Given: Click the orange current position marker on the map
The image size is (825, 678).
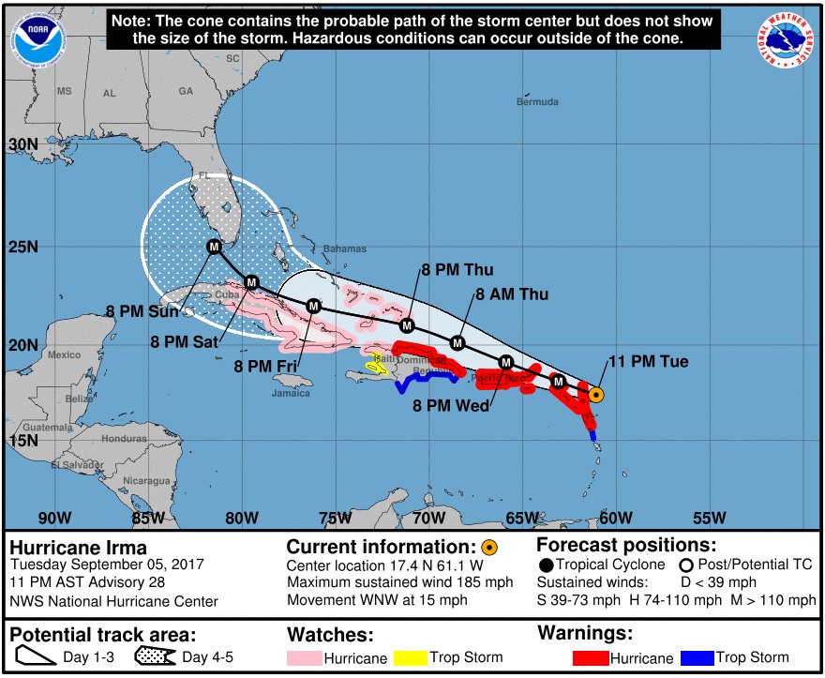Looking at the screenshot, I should coord(595,395).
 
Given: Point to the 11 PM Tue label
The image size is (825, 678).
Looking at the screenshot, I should coord(649,362).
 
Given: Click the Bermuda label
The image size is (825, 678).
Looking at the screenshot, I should coord(537,101).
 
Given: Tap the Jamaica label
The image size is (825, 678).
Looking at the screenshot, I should coord(292,393).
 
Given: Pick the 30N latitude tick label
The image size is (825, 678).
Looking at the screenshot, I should coord(21,145).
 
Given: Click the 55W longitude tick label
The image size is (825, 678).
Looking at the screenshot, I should coord(710,518).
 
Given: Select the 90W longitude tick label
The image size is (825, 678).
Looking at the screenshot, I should coord(54,518).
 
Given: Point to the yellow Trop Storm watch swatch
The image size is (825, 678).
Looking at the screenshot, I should coord(411,657).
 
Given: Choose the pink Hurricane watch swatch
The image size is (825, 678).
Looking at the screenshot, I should coord(304,657).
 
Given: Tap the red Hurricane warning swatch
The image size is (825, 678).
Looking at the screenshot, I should coord(587,657).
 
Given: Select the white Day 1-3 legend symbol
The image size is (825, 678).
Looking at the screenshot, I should coord(36,656).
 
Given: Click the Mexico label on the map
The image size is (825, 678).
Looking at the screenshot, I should coord(65,354).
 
